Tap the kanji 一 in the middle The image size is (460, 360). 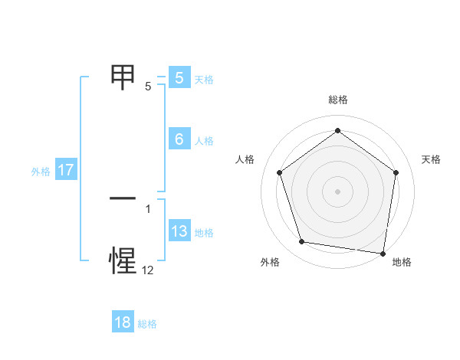(x=123, y=198)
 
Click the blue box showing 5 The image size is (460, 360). (x=179, y=78)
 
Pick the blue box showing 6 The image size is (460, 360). (x=179, y=139)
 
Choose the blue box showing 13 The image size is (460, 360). (x=179, y=231)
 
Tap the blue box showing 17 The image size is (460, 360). (x=66, y=170)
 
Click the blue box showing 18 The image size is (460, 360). (x=123, y=322)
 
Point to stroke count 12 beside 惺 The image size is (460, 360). (x=148, y=270)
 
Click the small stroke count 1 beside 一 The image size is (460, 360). (x=148, y=208)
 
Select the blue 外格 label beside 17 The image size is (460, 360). (x=41, y=172)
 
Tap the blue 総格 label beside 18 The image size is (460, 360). (x=147, y=324)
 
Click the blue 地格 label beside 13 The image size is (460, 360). (x=204, y=233)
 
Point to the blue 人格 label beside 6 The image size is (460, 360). (x=204, y=141)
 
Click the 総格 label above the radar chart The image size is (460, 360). (x=337, y=100)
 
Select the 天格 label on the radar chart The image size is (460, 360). (x=431, y=159)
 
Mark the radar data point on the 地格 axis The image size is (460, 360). (x=382, y=252)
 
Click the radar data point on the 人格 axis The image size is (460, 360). (x=279, y=172)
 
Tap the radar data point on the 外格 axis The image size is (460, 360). (x=302, y=242)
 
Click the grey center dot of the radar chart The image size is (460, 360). (x=337, y=191)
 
